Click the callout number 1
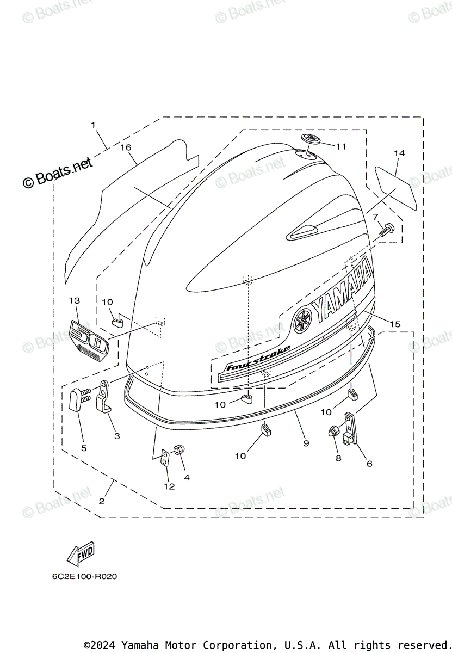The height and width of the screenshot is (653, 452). [x=93, y=125]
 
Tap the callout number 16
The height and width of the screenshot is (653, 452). [x=126, y=147]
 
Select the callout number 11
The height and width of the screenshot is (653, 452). [x=341, y=146]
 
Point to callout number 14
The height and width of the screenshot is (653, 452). [x=399, y=154]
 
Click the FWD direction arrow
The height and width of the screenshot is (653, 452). [x=80, y=553]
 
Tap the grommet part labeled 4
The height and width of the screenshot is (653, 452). [x=177, y=451]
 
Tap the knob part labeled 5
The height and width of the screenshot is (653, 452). [x=77, y=402]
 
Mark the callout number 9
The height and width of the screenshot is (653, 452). [x=306, y=443]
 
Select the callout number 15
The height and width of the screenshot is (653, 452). [x=395, y=324]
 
